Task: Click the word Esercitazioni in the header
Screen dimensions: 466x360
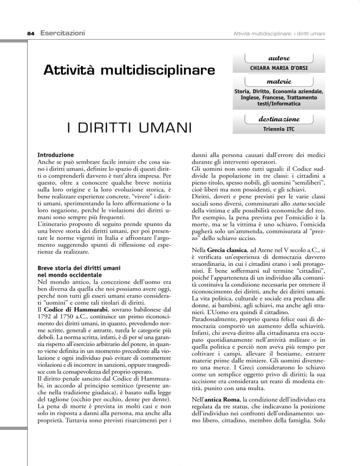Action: click(58, 32)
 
